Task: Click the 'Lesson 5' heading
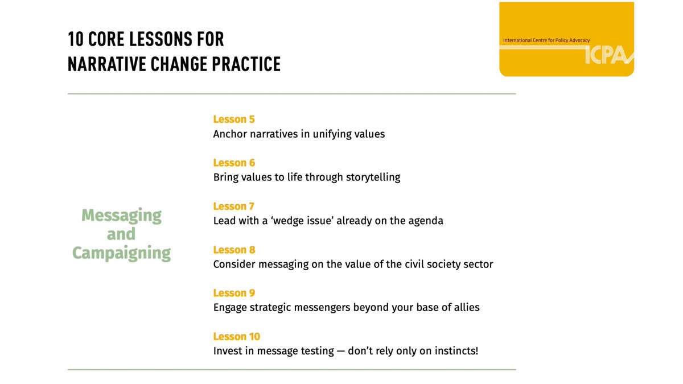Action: (234, 119)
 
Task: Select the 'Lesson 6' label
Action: (234, 163)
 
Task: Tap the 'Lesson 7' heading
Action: (233, 207)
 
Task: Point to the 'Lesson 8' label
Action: (234, 250)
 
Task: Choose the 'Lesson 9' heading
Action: (234, 293)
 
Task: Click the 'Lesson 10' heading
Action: (236, 336)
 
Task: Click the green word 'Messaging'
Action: (121, 216)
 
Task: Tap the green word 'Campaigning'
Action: (121, 253)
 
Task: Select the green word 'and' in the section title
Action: (121, 234)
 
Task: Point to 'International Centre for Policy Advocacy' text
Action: (546, 40)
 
